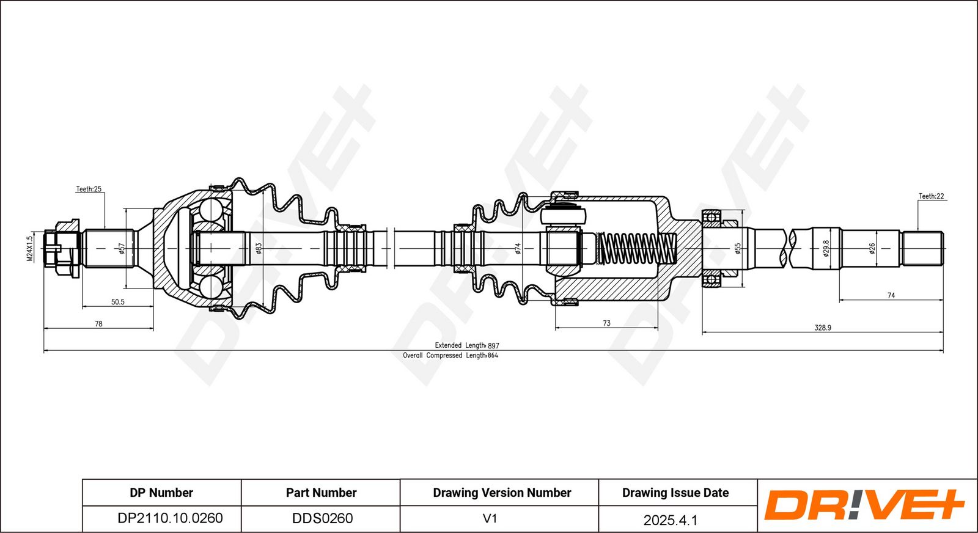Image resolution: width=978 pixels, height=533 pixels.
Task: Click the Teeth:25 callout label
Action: pyautogui.click(x=89, y=189)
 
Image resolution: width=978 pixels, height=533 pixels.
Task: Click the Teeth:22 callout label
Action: pyautogui.click(x=932, y=196)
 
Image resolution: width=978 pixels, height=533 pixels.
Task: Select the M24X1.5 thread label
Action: pyautogui.click(x=30, y=248)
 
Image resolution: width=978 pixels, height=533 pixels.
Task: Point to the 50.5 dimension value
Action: pyautogui.click(x=118, y=301)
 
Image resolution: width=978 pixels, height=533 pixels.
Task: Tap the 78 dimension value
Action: pyautogui.click(x=98, y=323)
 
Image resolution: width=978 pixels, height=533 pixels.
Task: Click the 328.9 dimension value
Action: pyautogui.click(x=823, y=328)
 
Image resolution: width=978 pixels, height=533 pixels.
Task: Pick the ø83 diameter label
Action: pyautogui.click(x=259, y=248)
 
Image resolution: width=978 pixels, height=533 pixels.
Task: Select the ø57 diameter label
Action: pyautogui.click(x=122, y=248)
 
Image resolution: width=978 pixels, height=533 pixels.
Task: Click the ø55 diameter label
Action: pyautogui.click(x=738, y=248)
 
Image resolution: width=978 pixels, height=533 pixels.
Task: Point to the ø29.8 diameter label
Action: pyautogui.click(x=826, y=248)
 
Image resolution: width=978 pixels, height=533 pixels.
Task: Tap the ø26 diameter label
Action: pyautogui.click(x=872, y=248)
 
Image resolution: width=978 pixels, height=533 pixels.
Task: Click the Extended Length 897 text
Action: pyautogui.click(x=467, y=345)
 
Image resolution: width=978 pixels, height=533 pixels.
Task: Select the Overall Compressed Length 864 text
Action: pyautogui.click(x=450, y=355)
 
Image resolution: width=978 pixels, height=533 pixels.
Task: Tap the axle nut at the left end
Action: pyautogui.click(x=62, y=248)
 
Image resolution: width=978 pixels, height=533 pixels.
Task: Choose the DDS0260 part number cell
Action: pyautogui.click(x=322, y=518)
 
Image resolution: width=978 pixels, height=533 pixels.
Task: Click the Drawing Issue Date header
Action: pyautogui.click(x=675, y=493)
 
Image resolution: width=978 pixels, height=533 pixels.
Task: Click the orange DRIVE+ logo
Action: pyautogui.click(x=864, y=505)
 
